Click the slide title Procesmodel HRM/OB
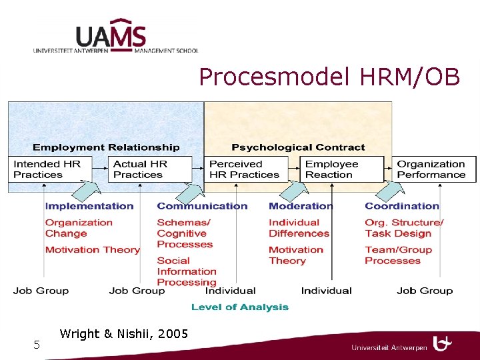pos(329,77)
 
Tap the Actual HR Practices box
pos(149,169)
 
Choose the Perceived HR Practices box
pos(246,169)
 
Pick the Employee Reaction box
pos(342,169)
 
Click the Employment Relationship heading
pos(106,147)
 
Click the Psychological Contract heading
pos(298,147)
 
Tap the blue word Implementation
pos(89,206)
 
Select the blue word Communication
pos(202,206)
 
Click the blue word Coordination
pos(402,206)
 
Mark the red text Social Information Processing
pos(187,271)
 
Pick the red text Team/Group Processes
pos(398,255)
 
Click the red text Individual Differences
pos(299,228)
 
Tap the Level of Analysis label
pos(240,307)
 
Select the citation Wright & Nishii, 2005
pos(123,333)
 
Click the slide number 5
pos(37,345)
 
